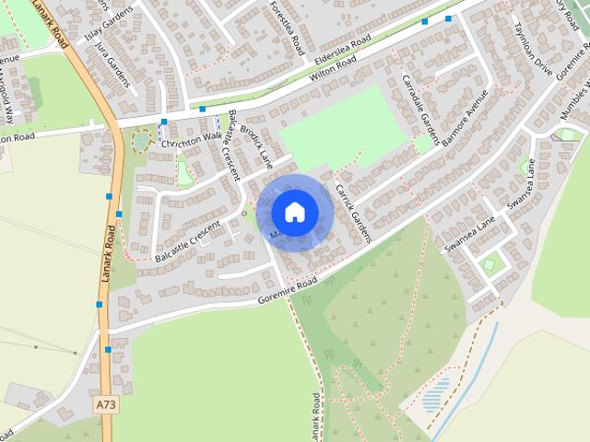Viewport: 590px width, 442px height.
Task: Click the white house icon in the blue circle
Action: point(294,212)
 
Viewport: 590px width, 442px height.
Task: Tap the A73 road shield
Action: point(106,403)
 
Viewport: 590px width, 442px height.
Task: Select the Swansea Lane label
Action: point(470,235)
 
